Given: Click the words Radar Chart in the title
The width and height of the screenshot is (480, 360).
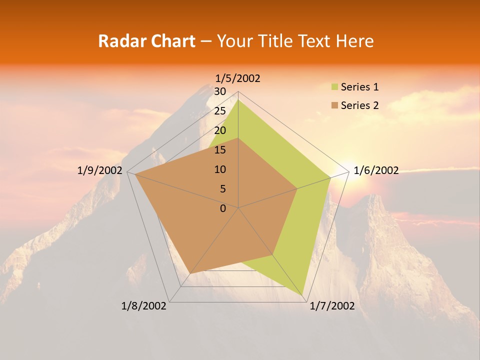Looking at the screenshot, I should (146, 41).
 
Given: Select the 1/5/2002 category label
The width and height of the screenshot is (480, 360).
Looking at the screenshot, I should (238, 78).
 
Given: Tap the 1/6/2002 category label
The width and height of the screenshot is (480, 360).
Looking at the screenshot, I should (376, 170).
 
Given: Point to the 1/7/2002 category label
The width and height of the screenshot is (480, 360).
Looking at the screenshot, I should (332, 306).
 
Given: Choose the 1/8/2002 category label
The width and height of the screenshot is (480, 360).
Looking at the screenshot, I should (144, 306).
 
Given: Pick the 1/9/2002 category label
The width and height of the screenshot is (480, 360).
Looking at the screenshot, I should (100, 170).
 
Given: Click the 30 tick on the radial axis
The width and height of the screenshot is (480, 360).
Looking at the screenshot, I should (219, 91).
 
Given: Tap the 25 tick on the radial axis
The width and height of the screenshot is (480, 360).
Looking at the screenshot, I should (219, 111).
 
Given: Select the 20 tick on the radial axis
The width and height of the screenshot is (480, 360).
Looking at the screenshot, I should (219, 130).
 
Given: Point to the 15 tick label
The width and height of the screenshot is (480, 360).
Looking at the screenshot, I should (219, 150).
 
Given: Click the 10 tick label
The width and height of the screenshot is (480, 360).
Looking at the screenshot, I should (219, 169).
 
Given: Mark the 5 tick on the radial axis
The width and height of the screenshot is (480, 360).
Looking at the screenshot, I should (222, 189).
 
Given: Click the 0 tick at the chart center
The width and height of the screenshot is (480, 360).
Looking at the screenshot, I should (223, 208).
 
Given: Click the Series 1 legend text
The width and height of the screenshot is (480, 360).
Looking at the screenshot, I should (359, 87).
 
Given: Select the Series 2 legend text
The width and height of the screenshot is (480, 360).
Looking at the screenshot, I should (359, 105).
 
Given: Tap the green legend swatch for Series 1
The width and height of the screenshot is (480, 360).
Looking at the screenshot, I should (335, 87).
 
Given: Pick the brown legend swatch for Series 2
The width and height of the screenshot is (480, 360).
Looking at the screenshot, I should (335, 105).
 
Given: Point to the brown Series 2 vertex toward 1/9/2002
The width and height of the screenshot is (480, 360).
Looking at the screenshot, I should (135, 174).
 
